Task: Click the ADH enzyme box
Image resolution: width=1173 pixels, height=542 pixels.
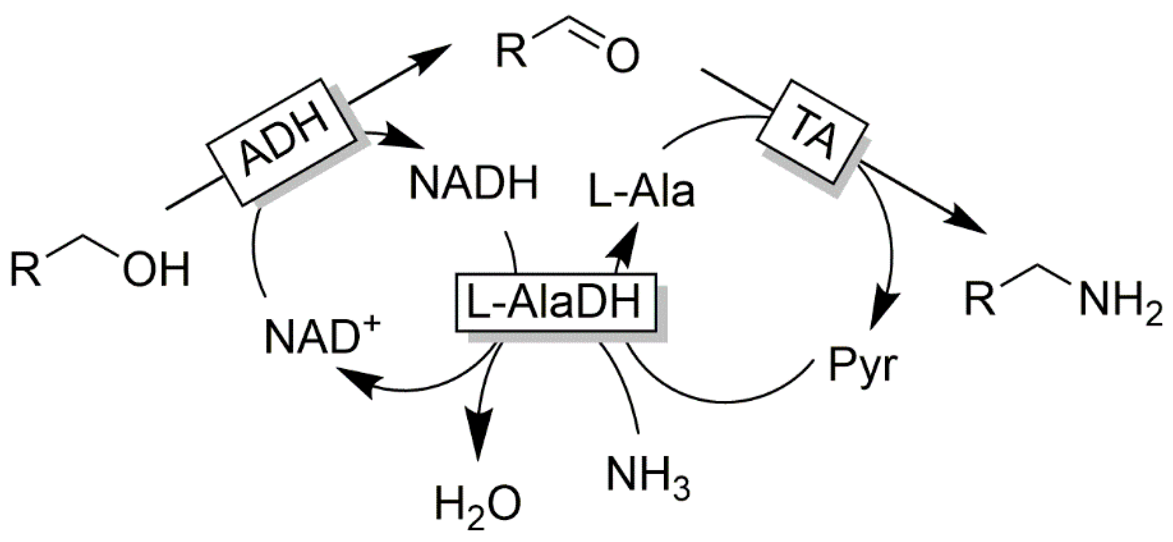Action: coord(281,143)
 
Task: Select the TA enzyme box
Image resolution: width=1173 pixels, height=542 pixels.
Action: coord(813,133)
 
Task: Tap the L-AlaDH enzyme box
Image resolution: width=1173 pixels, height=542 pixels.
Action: coord(556,302)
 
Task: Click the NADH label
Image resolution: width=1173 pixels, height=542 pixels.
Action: coord(473,184)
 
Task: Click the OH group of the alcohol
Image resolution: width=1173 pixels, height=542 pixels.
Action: coord(156,270)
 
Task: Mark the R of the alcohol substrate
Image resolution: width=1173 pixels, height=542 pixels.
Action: coord(26,270)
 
